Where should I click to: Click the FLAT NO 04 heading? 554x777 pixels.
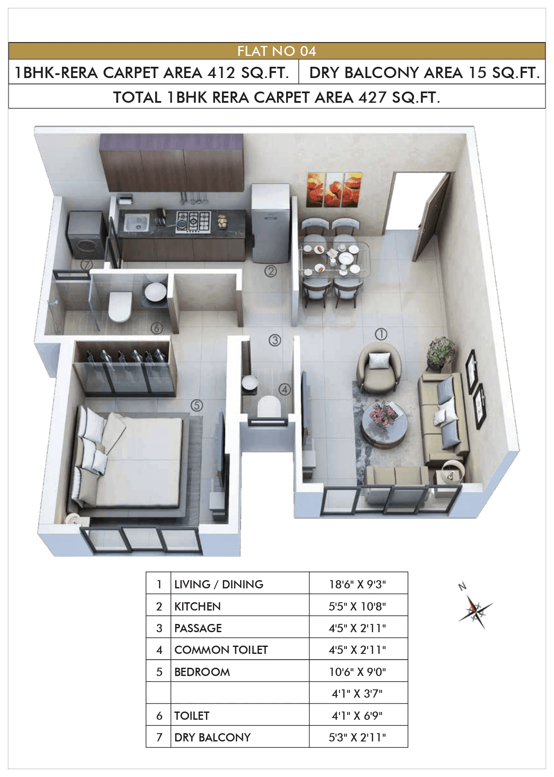(x=277, y=51)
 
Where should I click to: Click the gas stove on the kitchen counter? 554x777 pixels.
(x=193, y=222)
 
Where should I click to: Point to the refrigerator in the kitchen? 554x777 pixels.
(x=270, y=223)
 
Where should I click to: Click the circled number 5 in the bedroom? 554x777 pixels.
(x=197, y=405)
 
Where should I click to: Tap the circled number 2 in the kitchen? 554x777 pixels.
(x=270, y=271)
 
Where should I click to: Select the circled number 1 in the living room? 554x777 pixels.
(x=381, y=334)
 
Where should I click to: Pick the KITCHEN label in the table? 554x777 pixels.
(x=198, y=606)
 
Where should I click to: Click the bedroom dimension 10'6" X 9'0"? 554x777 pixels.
(x=357, y=672)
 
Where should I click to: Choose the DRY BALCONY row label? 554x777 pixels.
(x=212, y=737)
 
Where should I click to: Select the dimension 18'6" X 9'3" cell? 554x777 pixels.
(x=357, y=584)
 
